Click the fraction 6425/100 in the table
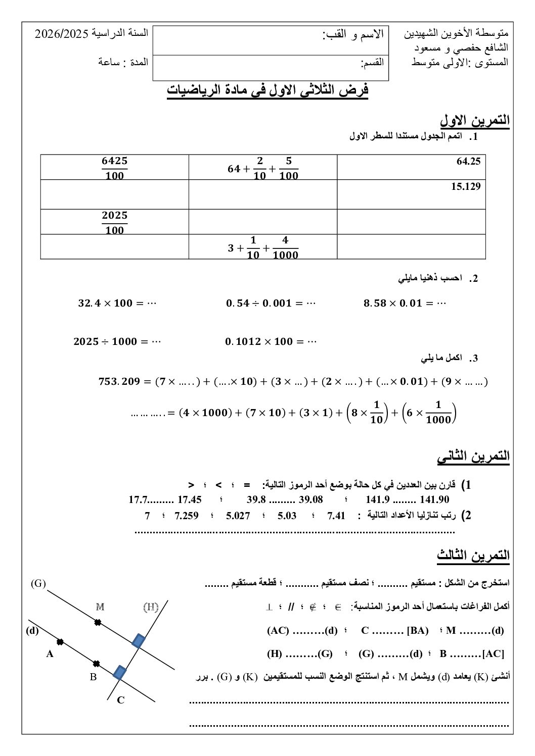pos(114,168)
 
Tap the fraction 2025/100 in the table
pos(114,222)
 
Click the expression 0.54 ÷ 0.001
pos(271,304)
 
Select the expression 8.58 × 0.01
pos(405,304)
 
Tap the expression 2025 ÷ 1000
pos(117,342)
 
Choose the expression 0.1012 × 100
pos(271,342)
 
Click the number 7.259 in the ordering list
pos(186,516)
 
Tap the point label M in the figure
pos(100,607)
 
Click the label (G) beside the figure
pos(38,584)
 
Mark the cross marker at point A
pos(60,642)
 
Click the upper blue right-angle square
pos(138,640)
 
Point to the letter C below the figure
pos(120,700)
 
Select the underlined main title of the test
pos(268,90)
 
